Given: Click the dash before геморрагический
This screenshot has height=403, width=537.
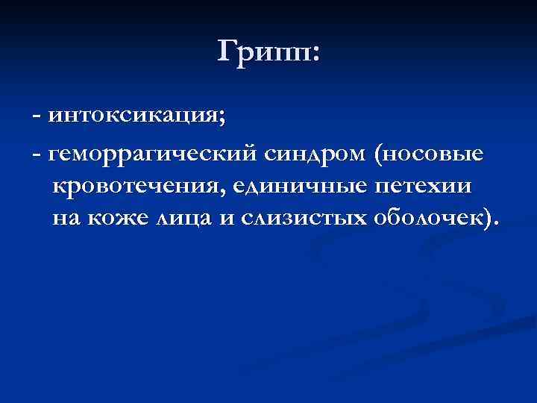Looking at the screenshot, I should coord(37,155).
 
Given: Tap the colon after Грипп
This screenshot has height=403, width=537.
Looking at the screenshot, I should coord(314,54).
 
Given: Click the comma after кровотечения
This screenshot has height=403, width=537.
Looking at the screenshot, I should coord(222,191).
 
